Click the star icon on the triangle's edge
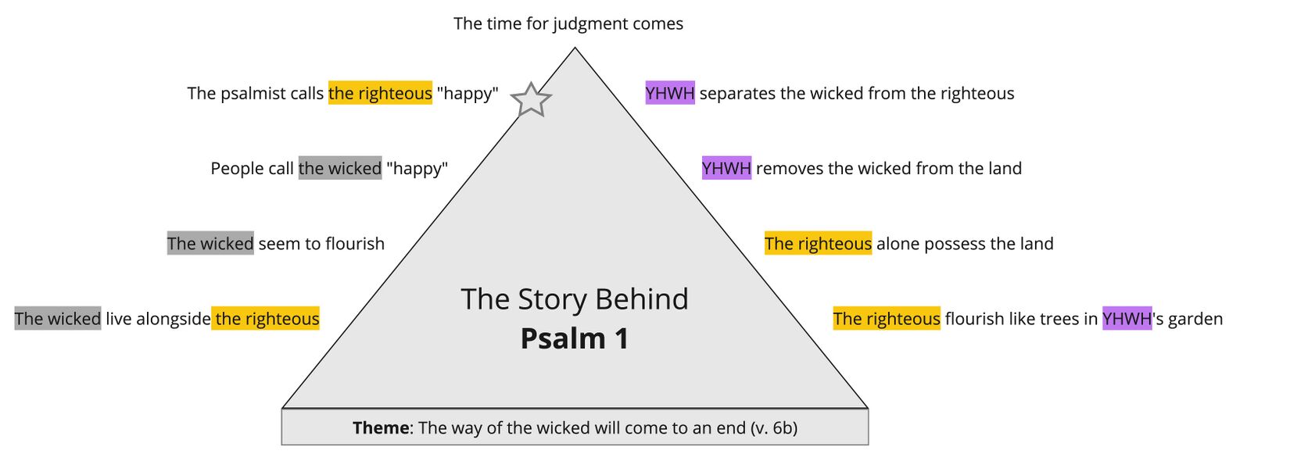pyautogui.click(x=531, y=100)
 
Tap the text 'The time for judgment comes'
pyautogui.click(x=568, y=23)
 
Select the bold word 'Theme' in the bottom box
pyautogui.click(x=380, y=428)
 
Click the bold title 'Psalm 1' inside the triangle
pyautogui.click(x=575, y=339)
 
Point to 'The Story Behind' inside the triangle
pyautogui.click(x=575, y=299)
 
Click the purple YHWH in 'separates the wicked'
pyautogui.click(x=670, y=94)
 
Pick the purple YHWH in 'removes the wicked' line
pyautogui.click(x=726, y=169)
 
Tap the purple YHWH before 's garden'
pyautogui.click(x=1127, y=319)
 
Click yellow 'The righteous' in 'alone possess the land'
pyautogui.click(x=818, y=244)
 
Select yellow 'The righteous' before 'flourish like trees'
pyautogui.click(x=887, y=319)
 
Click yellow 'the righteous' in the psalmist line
pyautogui.click(x=380, y=94)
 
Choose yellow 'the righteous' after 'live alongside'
pyautogui.click(x=267, y=319)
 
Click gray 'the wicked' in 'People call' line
pyautogui.click(x=340, y=169)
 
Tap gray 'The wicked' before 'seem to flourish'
pyautogui.click(x=210, y=244)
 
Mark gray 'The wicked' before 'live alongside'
pyautogui.click(x=58, y=319)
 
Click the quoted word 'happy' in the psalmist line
pyautogui.click(x=468, y=94)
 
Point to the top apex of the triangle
pyautogui.click(x=575, y=49)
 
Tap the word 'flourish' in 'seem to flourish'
pyautogui.click(x=355, y=244)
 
